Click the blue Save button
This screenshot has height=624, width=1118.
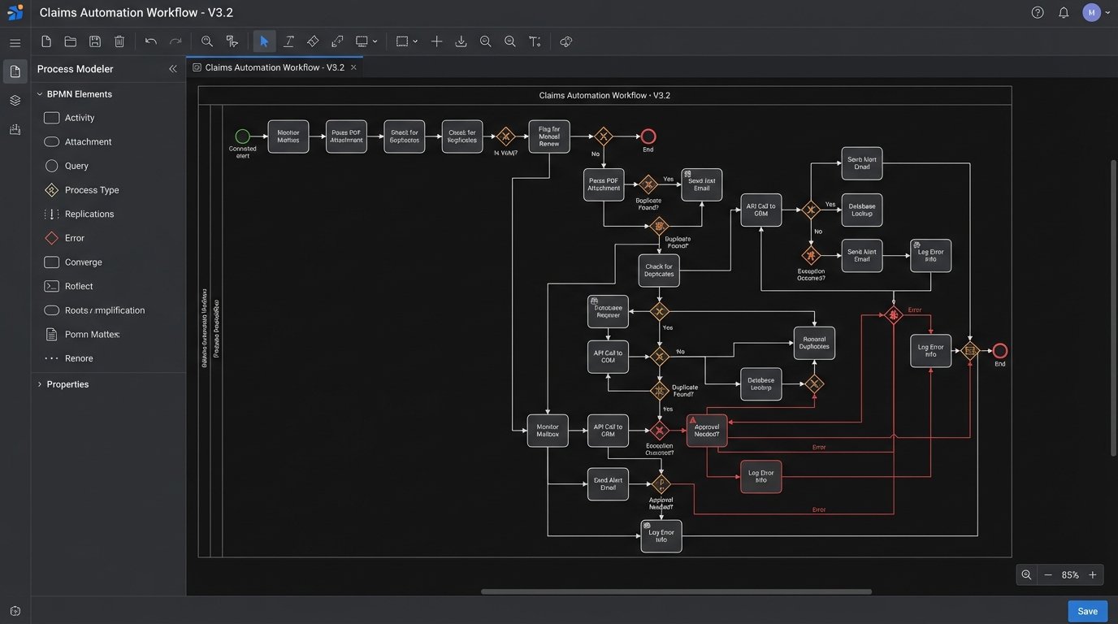[1087, 611]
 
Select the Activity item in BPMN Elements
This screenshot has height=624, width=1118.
[79, 118]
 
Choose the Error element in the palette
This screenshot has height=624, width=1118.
[74, 238]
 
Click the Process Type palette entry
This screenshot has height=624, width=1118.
[91, 190]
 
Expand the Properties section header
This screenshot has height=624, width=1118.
[67, 384]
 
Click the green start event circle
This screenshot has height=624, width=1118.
[242, 136]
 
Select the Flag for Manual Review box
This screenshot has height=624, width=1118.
[549, 136]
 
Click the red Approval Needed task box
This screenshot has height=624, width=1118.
[707, 431]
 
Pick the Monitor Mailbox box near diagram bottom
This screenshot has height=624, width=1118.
[548, 431]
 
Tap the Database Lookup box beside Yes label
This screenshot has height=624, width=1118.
[862, 210]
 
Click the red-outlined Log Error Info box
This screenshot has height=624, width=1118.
[760, 476]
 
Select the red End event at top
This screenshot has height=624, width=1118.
[648, 136]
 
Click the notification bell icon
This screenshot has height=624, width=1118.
[1064, 12]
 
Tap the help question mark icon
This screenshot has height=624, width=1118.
[1038, 12]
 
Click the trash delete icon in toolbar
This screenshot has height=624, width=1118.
[119, 41]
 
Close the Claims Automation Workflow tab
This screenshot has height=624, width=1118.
[353, 67]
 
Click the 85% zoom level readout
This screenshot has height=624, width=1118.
[1070, 574]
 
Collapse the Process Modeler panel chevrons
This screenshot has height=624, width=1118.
[172, 69]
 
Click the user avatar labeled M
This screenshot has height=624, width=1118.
[1091, 12]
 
